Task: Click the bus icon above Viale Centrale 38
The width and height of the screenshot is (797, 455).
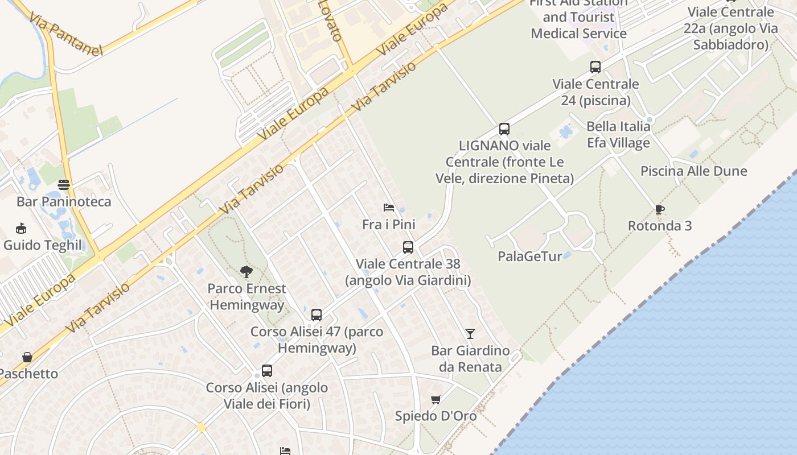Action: [408, 247]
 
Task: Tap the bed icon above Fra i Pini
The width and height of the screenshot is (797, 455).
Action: [389, 207]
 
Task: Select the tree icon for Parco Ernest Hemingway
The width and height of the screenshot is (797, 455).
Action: [247, 271]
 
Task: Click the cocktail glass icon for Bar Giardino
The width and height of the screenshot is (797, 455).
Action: [470, 333]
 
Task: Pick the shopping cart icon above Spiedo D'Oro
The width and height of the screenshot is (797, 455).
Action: [436, 399]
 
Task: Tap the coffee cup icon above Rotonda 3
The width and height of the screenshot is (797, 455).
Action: [660, 209]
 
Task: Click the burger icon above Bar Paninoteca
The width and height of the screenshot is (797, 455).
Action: [64, 185]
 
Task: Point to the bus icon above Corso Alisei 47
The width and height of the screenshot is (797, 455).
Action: [317, 315]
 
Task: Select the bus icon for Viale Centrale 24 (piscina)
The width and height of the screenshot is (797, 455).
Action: [595, 67]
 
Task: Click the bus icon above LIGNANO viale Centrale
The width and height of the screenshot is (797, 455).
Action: [504, 129]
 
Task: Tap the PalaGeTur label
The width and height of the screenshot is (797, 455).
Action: [530, 256]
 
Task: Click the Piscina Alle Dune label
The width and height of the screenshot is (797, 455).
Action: [693, 171]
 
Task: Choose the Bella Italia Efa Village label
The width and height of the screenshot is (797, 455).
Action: [618, 134]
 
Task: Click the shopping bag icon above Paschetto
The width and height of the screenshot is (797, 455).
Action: [27, 357]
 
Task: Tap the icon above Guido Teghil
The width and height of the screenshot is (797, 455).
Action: [22, 229]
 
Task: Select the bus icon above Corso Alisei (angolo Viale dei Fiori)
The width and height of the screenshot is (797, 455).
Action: [267, 371]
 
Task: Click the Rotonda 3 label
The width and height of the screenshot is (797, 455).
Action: [660, 226]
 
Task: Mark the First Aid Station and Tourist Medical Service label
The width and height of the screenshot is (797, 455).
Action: [578, 18]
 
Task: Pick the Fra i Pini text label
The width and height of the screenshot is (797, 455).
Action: [389, 225]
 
